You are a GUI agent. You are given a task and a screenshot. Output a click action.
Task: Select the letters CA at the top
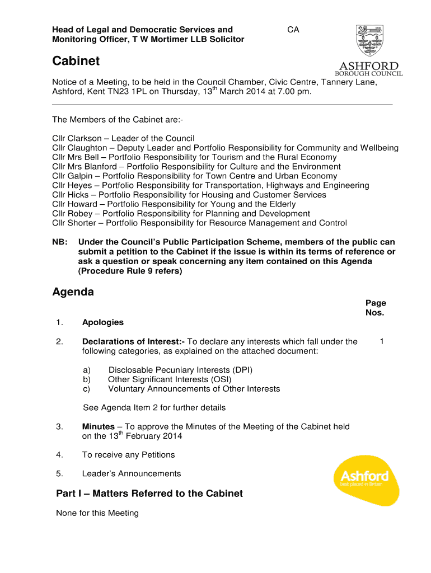293,30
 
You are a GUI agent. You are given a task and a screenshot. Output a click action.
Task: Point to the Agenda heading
73,292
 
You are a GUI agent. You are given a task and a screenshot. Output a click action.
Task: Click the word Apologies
103,322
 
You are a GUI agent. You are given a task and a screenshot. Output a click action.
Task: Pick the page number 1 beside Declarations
381,341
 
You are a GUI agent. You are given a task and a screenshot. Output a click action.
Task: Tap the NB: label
60,242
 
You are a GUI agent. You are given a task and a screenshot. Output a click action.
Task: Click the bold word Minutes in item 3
98,426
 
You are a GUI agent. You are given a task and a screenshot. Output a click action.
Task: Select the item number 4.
59,455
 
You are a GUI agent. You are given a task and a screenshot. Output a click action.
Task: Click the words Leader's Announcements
132,474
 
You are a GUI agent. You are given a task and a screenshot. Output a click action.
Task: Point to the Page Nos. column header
375,308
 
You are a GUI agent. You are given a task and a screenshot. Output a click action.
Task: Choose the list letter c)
86,389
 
